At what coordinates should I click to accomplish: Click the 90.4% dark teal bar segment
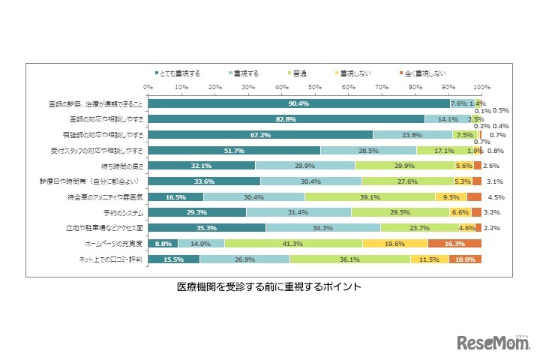click(298, 103)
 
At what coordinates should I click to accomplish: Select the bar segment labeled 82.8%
click(286, 119)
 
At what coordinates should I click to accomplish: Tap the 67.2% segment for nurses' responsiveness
click(260, 135)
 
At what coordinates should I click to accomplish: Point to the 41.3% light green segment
click(293, 244)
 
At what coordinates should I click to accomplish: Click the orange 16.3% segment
click(454, 244)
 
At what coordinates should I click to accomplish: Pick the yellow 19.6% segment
click(394, 244)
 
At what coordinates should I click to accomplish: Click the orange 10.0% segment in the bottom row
click(465, 259)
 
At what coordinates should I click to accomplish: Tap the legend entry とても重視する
click(178, 73)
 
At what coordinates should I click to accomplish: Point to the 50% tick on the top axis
click(315, 87)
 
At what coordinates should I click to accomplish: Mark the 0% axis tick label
click(148, 87)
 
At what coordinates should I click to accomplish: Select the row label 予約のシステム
click(122, 212)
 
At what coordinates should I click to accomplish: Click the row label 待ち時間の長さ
click(122, 166)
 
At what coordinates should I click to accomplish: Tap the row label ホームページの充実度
click(113, 244)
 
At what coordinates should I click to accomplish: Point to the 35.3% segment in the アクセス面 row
click(206, 228)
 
